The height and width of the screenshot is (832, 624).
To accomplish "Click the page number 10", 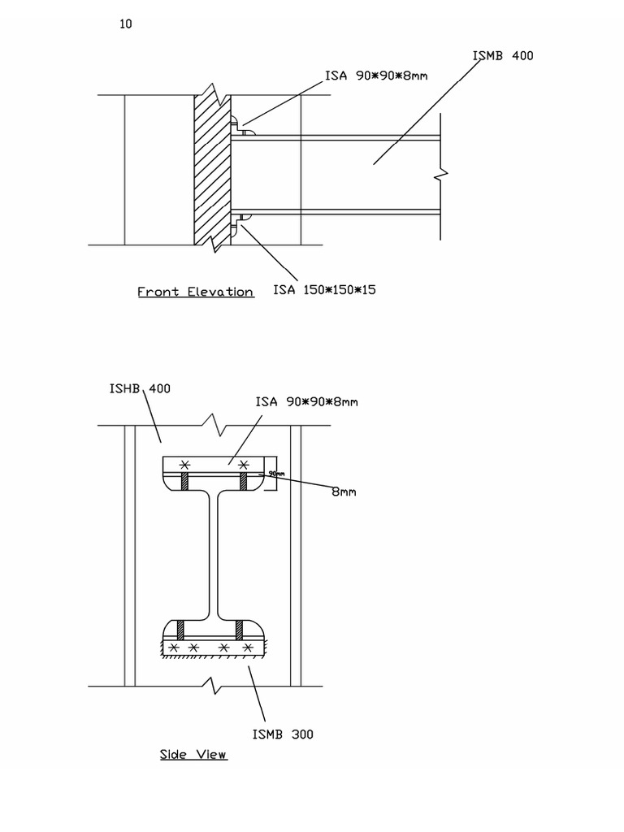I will (126, 24).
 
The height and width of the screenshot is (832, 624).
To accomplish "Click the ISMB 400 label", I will (503, 56).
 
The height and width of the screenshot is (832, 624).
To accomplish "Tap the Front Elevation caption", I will (195, 292).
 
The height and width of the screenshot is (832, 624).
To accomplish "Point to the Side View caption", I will (193, 755).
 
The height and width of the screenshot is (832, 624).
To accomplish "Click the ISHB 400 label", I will (140, 388).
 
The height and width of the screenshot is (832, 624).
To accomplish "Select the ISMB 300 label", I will (282, 734).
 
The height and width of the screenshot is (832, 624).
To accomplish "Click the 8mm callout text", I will (344, 492).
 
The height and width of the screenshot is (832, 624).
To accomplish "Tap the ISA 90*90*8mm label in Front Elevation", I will (376, 76).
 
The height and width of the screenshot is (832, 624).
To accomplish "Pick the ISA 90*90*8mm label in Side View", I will (306, 401).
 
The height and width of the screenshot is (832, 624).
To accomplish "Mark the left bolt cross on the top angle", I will (185, 464).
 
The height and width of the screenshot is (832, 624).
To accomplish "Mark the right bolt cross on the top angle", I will (242, 464).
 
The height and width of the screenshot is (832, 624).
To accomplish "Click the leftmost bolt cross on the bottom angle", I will (172, 648).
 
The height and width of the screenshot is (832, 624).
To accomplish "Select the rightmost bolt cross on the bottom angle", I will (249, 648).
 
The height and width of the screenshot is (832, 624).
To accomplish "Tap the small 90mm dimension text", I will (277, 474).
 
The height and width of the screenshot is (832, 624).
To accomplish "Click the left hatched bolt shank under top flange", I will (185, 483).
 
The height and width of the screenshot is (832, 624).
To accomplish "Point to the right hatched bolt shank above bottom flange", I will (240, 630).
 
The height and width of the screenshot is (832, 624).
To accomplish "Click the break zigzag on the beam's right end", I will (441, 174).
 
